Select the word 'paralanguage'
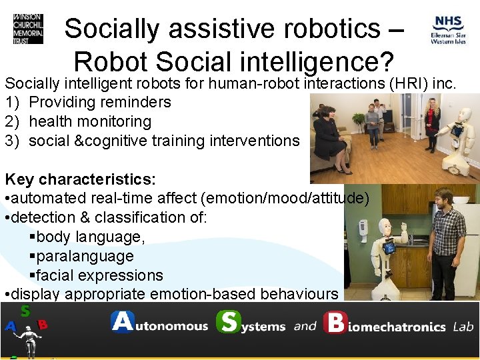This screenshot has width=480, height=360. tap(85, 256)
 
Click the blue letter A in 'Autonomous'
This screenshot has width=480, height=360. tap(123, 323)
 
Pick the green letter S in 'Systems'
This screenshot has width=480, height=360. tap(229, 323)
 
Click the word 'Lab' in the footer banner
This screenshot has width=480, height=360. tap(463, 327)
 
